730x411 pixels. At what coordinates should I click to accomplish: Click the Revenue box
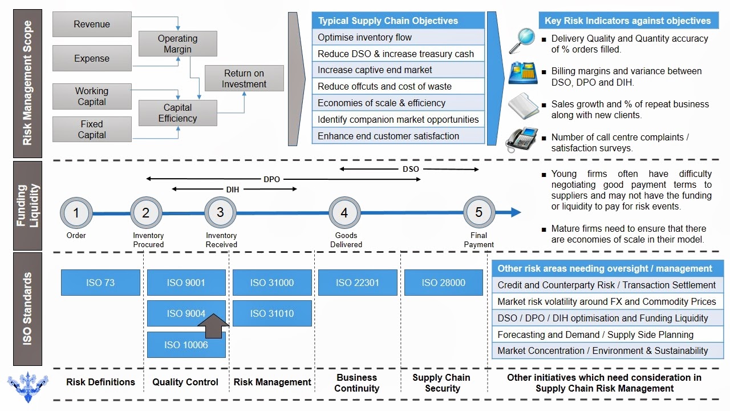(92, 25)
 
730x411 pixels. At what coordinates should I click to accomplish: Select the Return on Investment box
(244, 79)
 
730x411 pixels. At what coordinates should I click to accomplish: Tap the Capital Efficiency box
(177, 113)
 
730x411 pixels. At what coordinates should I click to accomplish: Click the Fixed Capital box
(92, 130)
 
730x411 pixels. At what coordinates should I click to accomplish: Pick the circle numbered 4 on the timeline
(344, 213)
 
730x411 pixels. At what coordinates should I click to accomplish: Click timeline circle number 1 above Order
(76, 213)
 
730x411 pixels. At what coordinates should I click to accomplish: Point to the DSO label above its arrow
(411, 169)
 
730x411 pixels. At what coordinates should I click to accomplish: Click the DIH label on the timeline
(233, 189)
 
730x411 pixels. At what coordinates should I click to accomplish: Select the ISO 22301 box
(357, 283)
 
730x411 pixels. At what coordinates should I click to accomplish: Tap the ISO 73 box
(100, 283)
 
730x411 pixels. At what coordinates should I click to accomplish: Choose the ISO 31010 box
(272, 313)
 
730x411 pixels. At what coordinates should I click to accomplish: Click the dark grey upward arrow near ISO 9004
(213, 327)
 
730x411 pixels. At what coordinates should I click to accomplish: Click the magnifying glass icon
(521, 41)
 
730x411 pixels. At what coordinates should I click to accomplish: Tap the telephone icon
(521, 139)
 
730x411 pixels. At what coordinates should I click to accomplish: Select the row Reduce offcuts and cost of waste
(398, 86)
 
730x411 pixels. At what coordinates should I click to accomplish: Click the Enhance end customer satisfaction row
(398, 136)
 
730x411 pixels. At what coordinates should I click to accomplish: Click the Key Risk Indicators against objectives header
(628, 21)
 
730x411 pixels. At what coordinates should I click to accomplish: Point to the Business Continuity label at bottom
(356, 383)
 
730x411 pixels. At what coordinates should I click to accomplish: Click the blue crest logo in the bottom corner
(27, 386)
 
